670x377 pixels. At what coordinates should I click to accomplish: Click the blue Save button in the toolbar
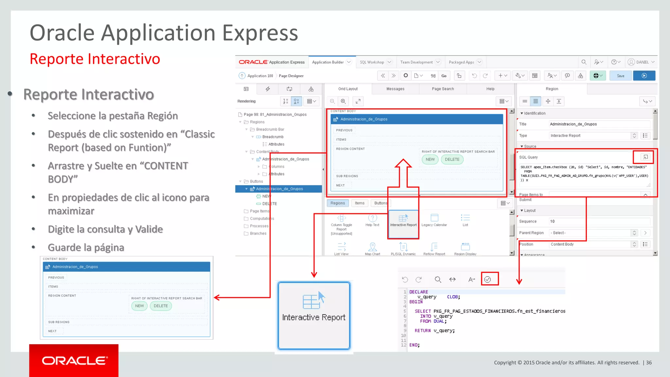tap(621, 76)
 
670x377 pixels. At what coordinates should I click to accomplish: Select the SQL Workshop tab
tap(372, 62)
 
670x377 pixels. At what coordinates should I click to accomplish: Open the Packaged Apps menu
tap(461, 62)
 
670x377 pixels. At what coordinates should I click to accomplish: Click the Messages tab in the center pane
tap(395, 89)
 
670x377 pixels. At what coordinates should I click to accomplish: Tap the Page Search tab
tap(443, 89)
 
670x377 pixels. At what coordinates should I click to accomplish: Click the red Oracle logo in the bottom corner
tap(74, 361)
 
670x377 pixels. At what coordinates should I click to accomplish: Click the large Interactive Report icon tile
tap(314, 315)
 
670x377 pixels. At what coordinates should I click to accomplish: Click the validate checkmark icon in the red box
tap(487, 279)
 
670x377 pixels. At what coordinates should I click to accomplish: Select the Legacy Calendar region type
tap(434, 220)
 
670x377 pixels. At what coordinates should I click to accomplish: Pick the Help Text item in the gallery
tap(372, 220)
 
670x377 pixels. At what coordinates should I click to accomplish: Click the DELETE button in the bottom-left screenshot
tap(161, 306)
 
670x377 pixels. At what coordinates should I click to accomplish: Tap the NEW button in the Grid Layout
tap(430, 159)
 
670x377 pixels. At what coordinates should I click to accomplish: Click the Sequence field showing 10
tap(599, 222)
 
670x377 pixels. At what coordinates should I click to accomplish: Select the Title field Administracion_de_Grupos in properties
tap(599, 124)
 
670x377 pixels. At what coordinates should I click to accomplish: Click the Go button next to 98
tap(444, 76)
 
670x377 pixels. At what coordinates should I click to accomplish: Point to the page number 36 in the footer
tap(649, 363)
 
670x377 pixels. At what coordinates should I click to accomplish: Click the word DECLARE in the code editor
tap(418, 292)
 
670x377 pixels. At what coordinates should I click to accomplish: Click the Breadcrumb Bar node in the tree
tap(270, 130)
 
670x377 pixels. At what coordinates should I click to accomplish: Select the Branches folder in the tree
tap(258, 234)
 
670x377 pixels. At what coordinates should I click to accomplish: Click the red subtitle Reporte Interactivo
tap(95, 59)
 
